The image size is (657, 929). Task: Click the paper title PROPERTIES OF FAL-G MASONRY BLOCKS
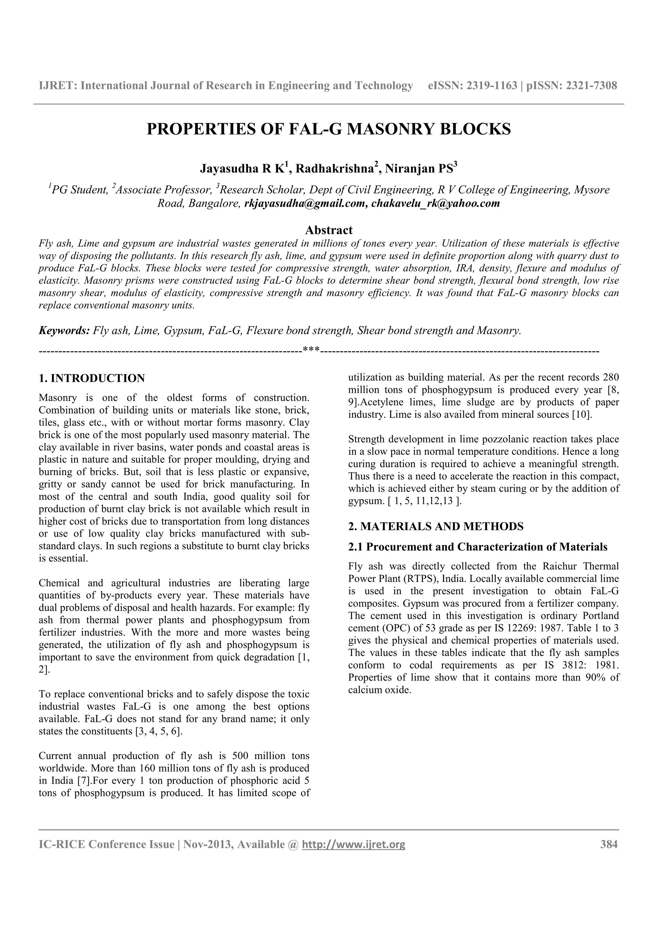point(328,129)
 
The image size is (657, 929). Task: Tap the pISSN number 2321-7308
point(592,86)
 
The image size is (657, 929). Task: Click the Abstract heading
point(328,230)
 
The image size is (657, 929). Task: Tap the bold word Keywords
point(64,331)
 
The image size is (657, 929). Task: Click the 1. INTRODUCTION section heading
point(91,378)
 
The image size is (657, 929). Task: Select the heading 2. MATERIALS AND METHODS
point(436,526)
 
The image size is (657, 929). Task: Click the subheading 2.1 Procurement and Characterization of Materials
point(478,547)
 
